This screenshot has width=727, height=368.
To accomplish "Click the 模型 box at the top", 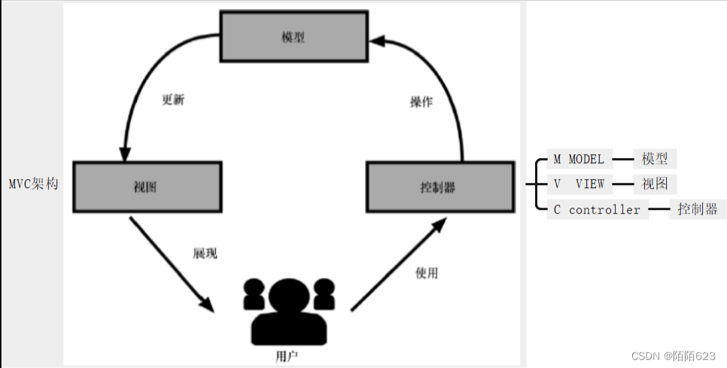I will pos(294,36).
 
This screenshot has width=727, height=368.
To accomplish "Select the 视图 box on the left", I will pos(147,187).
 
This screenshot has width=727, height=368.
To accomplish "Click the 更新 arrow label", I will pos(173,100).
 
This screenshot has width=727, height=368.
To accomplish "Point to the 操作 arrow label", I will pos(421,102).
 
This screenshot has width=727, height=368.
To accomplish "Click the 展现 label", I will pos(205,254).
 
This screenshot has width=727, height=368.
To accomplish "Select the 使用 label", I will pos(426,273).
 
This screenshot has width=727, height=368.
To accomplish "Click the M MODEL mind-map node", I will pos(579,160).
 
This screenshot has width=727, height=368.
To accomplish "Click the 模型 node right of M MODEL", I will pos(654,160).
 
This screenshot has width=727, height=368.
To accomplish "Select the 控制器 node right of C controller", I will pos(697,210).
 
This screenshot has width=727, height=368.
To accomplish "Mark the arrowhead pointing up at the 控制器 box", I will pos(442,223).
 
